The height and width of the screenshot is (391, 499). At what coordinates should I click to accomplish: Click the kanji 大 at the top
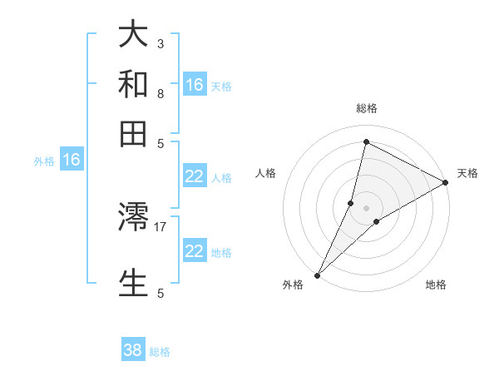(x=133, y=35)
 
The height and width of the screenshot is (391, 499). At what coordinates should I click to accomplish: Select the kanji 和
(x=133, y=84)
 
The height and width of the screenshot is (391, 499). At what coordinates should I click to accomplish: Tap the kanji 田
(x=133, y=133)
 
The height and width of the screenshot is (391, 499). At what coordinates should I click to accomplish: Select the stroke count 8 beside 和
(x=161, y=93)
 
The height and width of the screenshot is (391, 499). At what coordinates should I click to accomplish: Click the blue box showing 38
(x=133, y=350)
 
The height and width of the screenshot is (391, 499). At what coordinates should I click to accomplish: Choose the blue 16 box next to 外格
(x=71, y=161)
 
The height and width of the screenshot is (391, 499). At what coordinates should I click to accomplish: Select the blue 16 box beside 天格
(x=195, y=85)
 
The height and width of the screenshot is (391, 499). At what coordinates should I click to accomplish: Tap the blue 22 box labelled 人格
(x=195, y=176)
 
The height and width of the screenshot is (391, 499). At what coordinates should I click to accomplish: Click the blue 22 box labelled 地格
(x=195, y=251)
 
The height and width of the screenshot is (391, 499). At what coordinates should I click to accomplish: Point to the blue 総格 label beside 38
(x=160, y=352)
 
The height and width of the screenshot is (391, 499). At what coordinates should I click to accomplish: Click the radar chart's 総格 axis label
(x=366, y=108)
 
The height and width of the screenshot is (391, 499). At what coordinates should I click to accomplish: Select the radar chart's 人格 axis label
(x=266, y=173)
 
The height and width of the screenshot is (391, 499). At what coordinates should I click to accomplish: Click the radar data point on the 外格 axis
(x=317, y=275)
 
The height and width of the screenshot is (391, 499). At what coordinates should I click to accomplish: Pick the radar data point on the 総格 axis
(x=366, y=141)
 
